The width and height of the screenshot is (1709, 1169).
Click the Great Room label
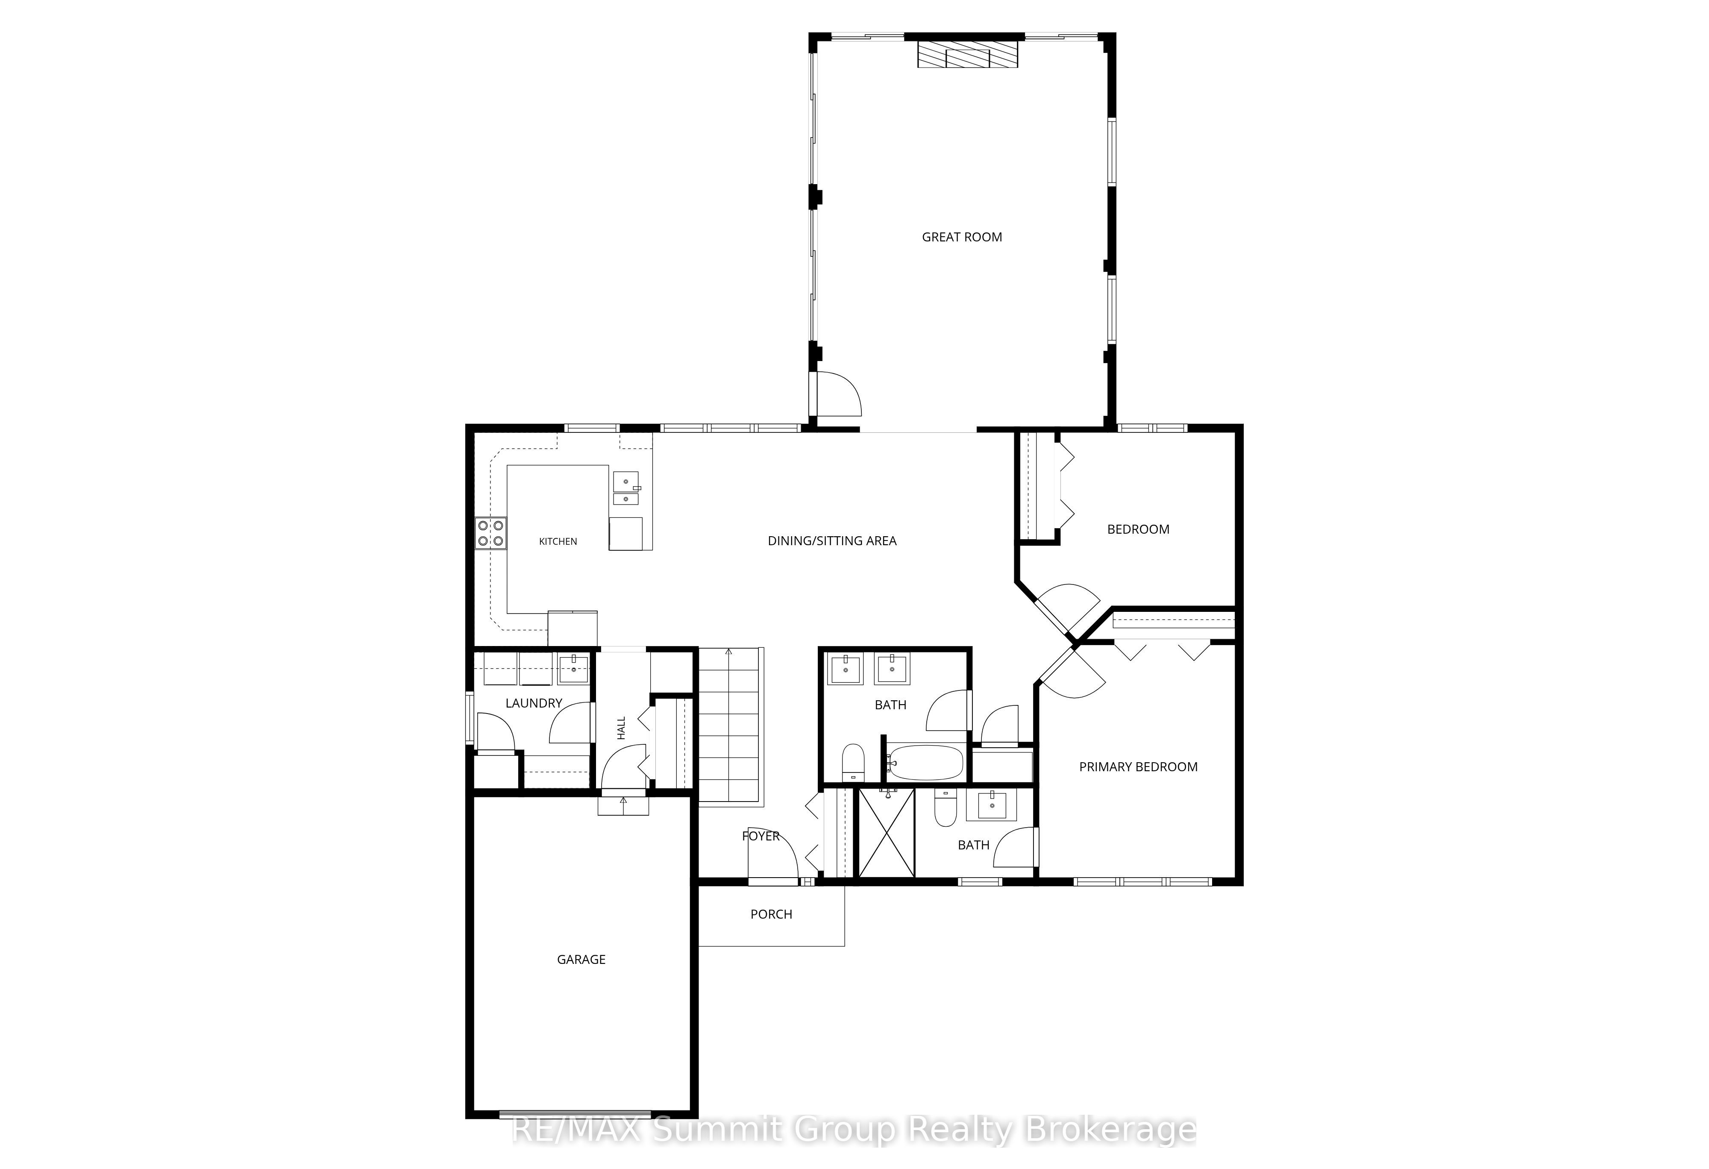pos(962,237)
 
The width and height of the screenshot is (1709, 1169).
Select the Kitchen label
pos(558,541)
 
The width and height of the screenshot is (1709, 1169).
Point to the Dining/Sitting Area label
pos(832,541)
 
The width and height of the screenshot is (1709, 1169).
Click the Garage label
pos(581,960)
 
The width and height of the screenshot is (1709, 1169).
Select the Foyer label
pos(761,836)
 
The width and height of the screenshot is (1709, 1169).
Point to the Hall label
pos(621,728)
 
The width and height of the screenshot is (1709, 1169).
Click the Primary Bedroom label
pos(1138,767)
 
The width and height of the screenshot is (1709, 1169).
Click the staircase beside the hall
pos(729,725)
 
